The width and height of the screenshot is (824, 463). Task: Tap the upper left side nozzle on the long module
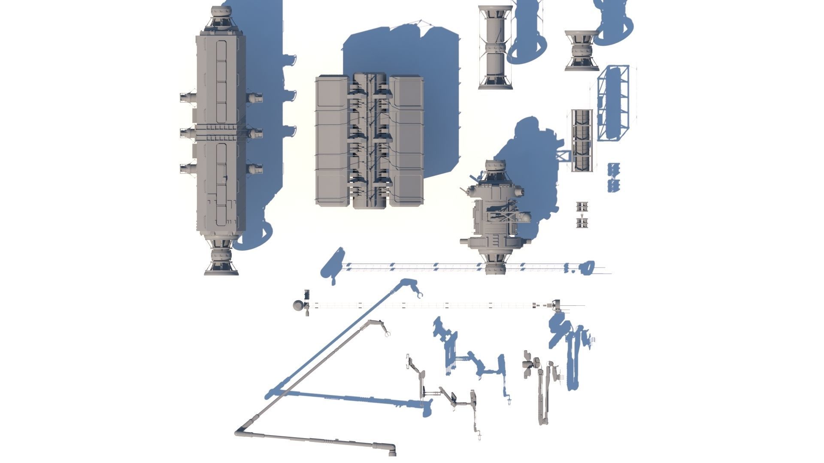188,98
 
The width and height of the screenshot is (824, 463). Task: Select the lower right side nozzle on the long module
254,169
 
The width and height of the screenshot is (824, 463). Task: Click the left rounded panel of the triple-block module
332,141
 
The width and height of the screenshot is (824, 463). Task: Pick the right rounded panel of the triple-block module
406,141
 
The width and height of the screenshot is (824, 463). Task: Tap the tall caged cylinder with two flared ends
495,47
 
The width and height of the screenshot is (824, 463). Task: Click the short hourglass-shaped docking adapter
582,51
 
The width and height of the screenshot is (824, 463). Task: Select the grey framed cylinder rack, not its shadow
582,140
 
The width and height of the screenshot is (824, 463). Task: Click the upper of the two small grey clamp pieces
582,206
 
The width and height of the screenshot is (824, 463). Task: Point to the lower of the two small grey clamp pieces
582,223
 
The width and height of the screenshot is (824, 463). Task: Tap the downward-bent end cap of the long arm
391,450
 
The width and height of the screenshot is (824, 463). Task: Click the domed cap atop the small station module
495,167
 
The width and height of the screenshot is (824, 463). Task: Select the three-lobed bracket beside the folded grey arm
528,364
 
